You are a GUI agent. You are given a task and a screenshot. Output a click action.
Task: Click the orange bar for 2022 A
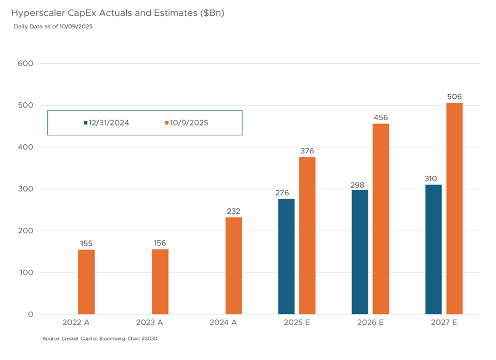tap(86, 282)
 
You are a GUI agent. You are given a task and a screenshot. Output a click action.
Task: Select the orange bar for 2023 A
tap(160, 282)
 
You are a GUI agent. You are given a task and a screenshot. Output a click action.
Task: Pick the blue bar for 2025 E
tap(286, 257)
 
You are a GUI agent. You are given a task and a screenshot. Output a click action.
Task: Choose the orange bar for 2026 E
tap(381, 219)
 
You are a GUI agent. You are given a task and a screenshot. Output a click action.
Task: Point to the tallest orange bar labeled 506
tap(454, 208)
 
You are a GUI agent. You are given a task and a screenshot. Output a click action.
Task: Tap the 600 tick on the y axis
tap(26, 63)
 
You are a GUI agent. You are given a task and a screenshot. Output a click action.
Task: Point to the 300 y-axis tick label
tap(26, 189)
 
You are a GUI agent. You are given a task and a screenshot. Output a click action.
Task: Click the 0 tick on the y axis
tap(30, 314)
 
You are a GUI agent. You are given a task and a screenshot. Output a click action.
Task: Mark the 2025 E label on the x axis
tap(296, 322)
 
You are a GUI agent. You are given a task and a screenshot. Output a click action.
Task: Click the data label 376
tap(307, 151)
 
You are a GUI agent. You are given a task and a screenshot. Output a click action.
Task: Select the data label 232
tap(233, 211)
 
